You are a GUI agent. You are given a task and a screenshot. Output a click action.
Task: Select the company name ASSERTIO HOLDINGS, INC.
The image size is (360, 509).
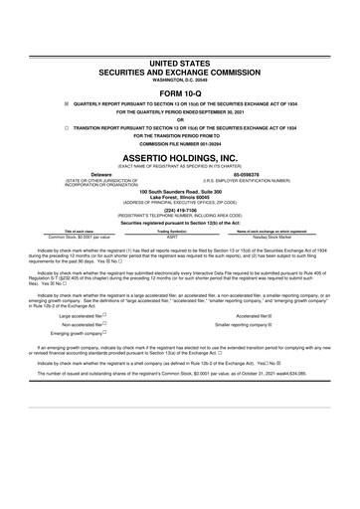click(x=180, y=157)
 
